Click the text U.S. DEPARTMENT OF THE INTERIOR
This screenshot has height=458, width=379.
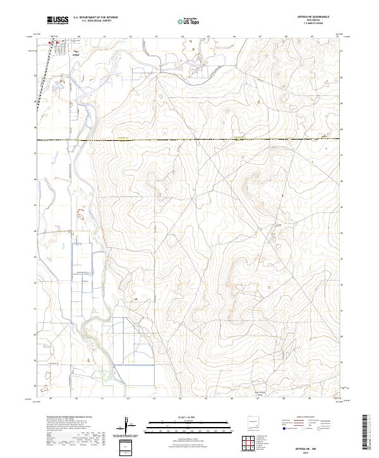95,18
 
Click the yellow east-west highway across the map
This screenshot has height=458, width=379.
189,139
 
